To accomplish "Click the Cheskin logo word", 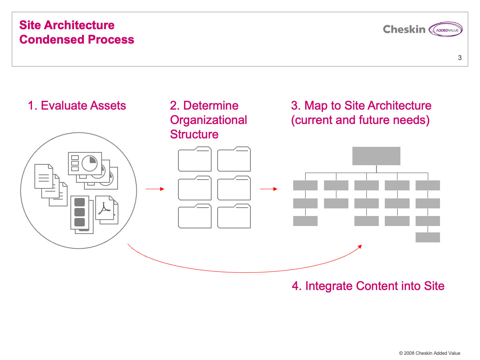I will (x=404, y=29).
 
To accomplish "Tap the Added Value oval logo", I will (x=445, y=30).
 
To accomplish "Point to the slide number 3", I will (x=460, y=58).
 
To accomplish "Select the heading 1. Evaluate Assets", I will (x=77, y=106).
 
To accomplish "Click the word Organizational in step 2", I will (x=208, y=120).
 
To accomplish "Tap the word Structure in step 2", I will (x=194, y=134).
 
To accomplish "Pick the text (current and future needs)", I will (x=360, y=120).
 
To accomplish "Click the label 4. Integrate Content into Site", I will (x=368, y=286).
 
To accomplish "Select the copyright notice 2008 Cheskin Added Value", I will (x=430, y=353).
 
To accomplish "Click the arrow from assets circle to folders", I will (x=155, y=189).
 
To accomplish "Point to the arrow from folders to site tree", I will (x=269, y=189).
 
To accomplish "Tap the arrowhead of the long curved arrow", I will (x=360, y=246).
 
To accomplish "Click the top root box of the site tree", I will (x=376, y=156).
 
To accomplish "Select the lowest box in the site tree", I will (x=428, y=237).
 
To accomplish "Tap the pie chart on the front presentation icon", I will (x=89, y=162).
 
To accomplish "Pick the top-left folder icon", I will (x=194, y=160).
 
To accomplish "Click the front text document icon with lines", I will (x=44, y=176).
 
